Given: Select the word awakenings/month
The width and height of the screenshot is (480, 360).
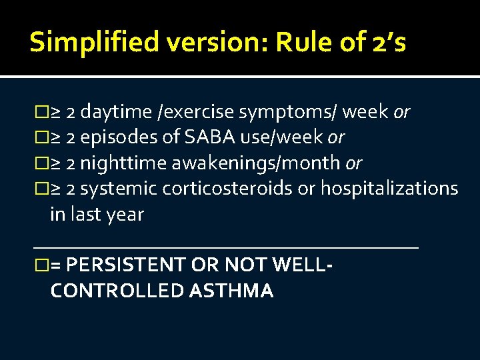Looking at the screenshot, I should click(257, 163).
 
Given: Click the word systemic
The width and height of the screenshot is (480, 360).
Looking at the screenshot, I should click(119, 189).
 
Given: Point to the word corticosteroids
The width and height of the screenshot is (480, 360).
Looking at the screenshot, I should click(226, 189).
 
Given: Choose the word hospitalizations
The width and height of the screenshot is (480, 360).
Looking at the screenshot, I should click(389, 189).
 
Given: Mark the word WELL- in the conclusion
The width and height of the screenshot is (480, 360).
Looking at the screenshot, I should click(303, 265).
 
